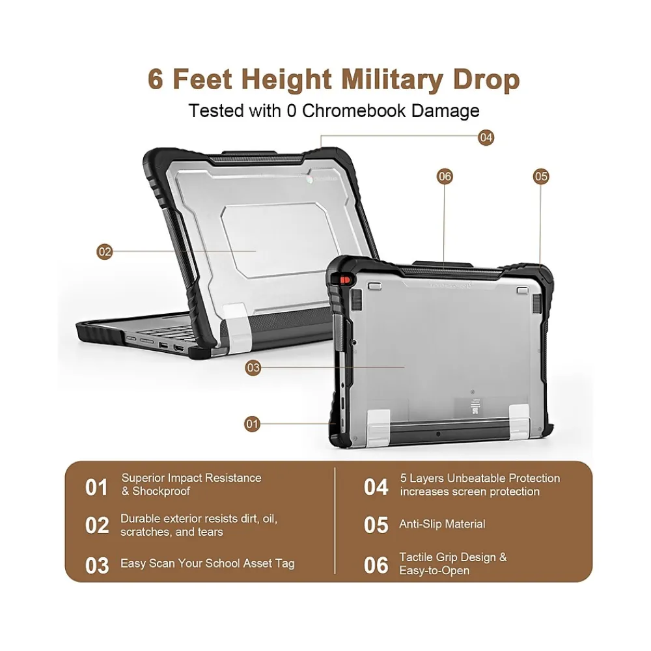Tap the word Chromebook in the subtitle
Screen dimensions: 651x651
353,111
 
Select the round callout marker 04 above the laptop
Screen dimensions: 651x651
486,137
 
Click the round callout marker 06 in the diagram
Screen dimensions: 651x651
445,176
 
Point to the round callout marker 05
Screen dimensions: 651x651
540,176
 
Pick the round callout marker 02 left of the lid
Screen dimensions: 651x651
105,251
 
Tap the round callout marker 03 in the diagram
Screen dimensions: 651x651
253,368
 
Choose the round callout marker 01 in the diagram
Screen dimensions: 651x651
251,424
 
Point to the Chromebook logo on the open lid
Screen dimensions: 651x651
310,180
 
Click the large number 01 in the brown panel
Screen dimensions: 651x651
96,488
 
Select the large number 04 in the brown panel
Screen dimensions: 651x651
376,488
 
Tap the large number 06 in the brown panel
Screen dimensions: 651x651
376,566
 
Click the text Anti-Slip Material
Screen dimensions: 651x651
442,524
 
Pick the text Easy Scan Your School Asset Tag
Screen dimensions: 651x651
208,563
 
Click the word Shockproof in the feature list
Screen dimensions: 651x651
161,491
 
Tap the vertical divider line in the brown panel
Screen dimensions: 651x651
335,521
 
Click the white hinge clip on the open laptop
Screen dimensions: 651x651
237,328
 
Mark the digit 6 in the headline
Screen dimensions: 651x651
156,79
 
